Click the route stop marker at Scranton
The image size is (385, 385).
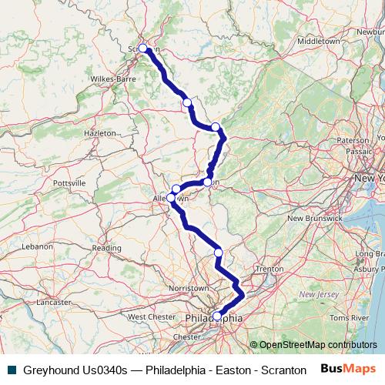tap(142, 49)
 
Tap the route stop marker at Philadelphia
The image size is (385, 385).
tap(217, 316)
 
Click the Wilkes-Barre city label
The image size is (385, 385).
tap(113, 79)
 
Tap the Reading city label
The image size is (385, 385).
tap(106, 248)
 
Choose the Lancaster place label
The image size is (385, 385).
tap(52, 303)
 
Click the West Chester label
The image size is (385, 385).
tap(152, 316)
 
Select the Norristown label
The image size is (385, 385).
tap(189, 287)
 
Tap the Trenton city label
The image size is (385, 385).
tap(270, 269)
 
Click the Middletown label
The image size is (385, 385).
tap(318, 40)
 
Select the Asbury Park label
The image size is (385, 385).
tap(370, 269)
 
